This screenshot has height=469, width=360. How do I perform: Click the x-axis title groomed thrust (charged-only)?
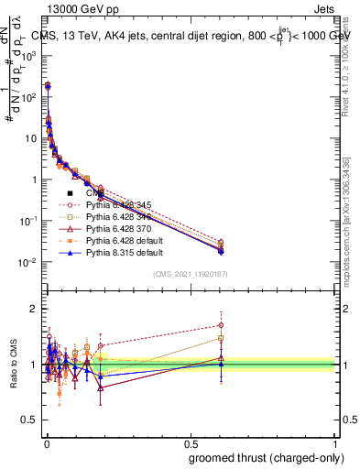pyautogui.click(x=266, y=458)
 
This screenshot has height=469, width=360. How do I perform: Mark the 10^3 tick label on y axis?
pyautogui.click(x=30, y=55)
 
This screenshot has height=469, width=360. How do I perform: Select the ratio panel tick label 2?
pyautogui.click(x=35, y=309)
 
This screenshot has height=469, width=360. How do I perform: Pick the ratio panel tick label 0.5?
pyautogui.click(x=30, y=420)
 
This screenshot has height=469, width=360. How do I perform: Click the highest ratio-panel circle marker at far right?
pyautogui.click(x=220, y=325)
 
